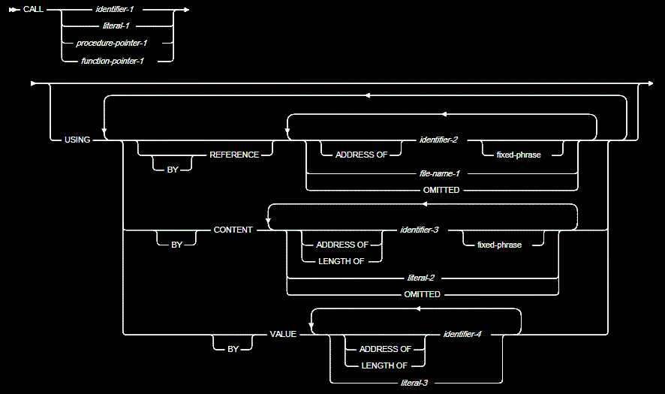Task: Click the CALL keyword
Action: (33, 10)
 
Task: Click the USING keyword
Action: (77, 140)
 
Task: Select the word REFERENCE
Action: (234, 155)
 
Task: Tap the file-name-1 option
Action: (441, 173)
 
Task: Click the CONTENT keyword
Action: (233, 230)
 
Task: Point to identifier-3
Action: (420, 230)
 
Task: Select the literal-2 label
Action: (421, 278)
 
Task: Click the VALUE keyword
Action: (284, 334)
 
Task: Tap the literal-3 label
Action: (414, 383)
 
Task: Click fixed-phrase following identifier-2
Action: (519, 155)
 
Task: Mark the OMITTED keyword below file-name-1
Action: (441, 190)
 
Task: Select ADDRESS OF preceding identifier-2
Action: (361, 155)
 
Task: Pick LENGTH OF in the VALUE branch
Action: (384, 365)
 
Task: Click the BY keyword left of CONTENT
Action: (176, 245)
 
